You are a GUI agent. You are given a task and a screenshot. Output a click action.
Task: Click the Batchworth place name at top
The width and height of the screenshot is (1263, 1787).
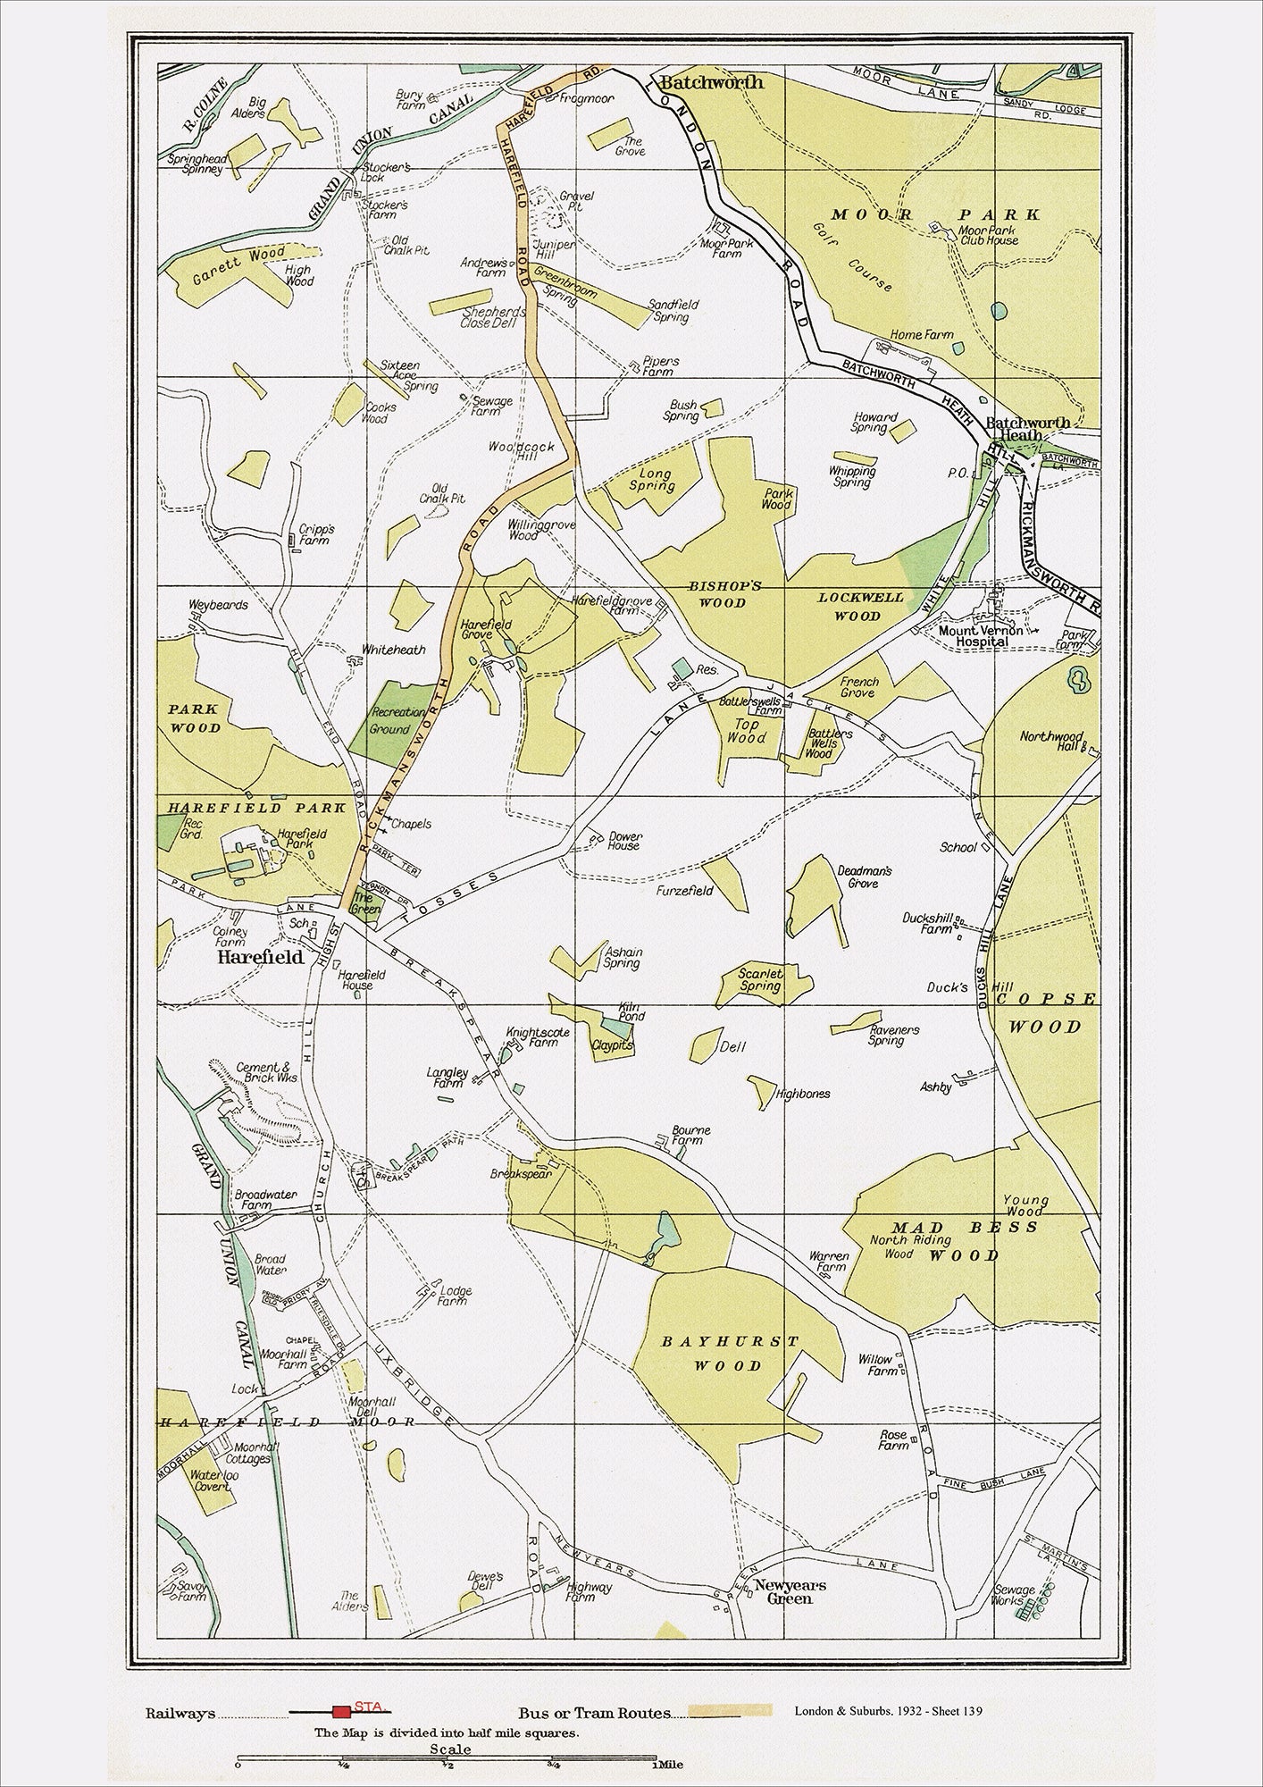[x=712, y=82]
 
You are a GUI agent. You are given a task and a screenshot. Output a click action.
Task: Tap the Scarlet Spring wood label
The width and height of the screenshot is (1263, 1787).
[x=761, y=980]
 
